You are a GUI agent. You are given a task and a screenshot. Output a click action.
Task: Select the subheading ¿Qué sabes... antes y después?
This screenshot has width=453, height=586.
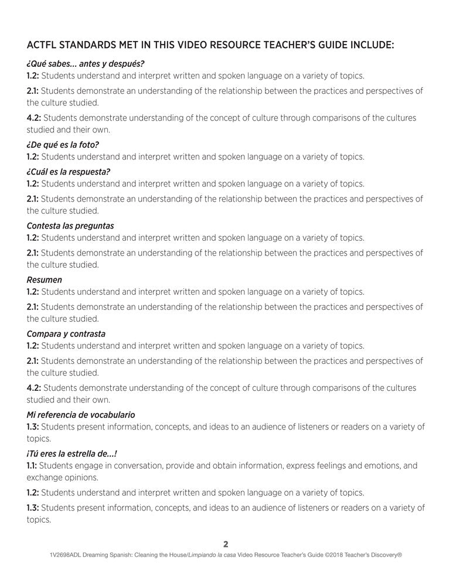tap(86, 63)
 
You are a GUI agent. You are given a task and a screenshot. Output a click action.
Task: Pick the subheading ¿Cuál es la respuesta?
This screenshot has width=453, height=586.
tap(69, 172)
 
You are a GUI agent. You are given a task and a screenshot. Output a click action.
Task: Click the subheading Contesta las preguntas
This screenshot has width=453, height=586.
tap(70, 226)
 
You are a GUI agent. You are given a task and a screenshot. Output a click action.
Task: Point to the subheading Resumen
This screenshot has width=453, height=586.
tap(45, 280)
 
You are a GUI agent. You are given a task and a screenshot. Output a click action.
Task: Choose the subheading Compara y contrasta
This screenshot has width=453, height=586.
tap(66, 333)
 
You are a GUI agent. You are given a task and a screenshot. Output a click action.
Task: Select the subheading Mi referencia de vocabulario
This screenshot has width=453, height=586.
tap(81, 414)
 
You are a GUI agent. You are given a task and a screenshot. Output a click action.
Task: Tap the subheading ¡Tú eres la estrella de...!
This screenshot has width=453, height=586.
tap(76, 453)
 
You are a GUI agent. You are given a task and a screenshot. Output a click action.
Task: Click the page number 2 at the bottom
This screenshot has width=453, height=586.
tap(226, 544)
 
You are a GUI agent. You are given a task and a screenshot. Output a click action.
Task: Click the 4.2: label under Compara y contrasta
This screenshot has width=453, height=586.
tap(33, 388)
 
